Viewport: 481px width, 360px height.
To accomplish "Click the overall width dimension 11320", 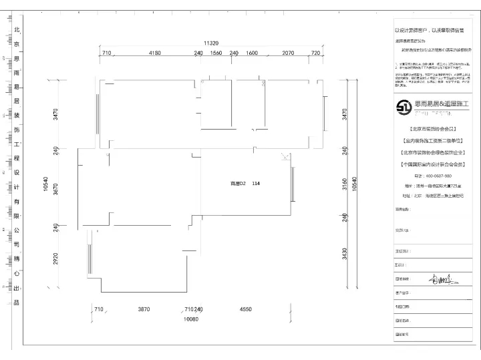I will (x=212, y=41).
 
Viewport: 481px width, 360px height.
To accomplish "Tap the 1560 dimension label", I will (x=216, y=53).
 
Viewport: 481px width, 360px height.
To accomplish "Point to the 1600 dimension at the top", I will (x=252, y=53).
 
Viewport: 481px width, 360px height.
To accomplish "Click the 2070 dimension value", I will (x=288, y=53).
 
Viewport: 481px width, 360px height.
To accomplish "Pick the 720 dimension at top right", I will (x=316, y=53).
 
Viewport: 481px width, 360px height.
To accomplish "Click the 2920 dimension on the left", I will (x=57, y=258).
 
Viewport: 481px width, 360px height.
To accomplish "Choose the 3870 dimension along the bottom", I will (x=144, y=310).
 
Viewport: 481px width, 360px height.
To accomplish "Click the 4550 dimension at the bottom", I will (x=246, y=310).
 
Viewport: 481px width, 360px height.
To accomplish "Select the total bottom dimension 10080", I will (x=191, y=319).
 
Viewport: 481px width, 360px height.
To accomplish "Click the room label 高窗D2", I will (x=238, y=182).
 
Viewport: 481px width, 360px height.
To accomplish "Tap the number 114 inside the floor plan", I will (x=257, y=182).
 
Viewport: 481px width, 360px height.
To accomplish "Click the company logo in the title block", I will (x=405, y=107).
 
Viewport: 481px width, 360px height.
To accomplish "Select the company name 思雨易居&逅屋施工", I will (x=443, y=104).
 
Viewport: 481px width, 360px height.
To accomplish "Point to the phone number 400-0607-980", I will (x=434, y=176).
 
